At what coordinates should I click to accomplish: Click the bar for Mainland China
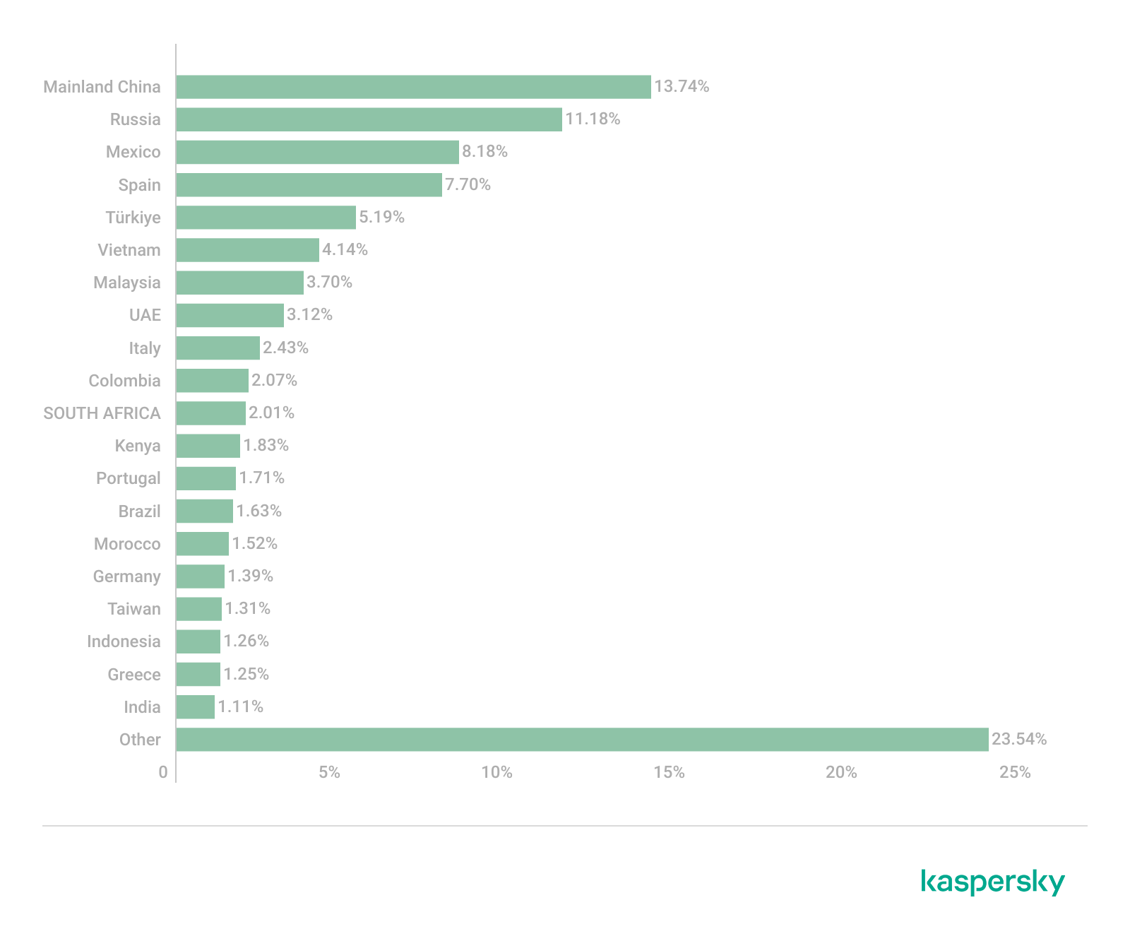pyautogui.click(x=413, y=87)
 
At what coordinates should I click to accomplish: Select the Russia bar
pyautogui.click(x=369, y=119)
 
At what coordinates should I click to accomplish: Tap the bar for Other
pyautogui.click(x=582, y=740)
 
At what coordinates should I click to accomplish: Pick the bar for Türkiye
pyautogui.click(x=266, y=218)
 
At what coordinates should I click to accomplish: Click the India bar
pyautogui.click(x=195, y=707)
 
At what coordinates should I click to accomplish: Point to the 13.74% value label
pyautogui.click(x=682, y=86)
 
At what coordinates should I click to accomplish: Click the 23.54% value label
pyautogui.click(x=1019, y=739)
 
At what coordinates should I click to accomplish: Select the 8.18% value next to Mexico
pyautogui.click(x=484, y=151)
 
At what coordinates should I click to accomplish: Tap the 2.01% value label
pyautogui.click(x=271, y=413)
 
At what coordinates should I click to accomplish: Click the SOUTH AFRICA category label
pyautogui.click(x=102, y=413)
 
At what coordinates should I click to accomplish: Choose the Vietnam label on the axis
pyautogui.click(x=129, y=250)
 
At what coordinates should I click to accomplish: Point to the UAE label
pyautogui.click(x=145, y=315)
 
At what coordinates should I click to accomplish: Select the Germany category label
pyautogui.click(x=127, y=576)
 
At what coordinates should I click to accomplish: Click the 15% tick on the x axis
pyautogui.click(x=669, y=772)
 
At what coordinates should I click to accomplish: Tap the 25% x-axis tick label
pyautogui.click(x=1015, y=772)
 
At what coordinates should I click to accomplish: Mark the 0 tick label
pyautogui.click(x=163, y=772)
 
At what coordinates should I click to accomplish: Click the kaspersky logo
pyautogui.click(x=993, y=882)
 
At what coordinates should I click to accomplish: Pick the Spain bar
pyautogui.click(x=309, y=185)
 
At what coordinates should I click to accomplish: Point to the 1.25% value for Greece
pyautogui.click(x=246, y=674)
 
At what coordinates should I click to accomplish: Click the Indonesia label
pyautogui.click(x=124, y=641)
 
